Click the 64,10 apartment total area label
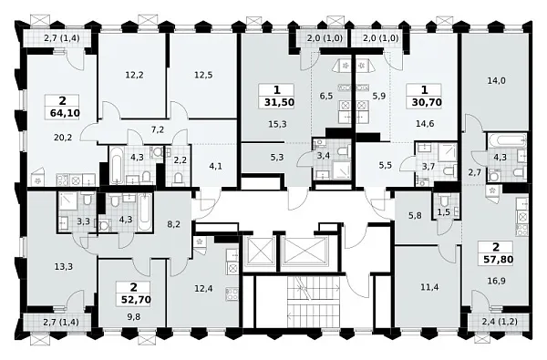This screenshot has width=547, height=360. point(63,113)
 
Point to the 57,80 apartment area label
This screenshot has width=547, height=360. point(496,260)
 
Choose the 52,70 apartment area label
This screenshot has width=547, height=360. point(133,299)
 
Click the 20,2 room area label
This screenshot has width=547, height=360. point(63,138)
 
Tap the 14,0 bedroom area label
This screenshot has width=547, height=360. point(497,80)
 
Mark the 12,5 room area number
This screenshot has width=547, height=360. point(203,75)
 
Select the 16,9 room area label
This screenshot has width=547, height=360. point(497,281)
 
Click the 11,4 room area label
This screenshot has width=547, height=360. point(430,287)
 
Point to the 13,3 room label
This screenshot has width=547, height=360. point(64,267)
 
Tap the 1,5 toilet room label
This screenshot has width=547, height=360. point(444,212)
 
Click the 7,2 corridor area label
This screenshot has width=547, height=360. point(158,129)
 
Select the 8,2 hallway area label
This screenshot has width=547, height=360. point(174,224)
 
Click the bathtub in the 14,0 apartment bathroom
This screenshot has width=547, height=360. point(507,141)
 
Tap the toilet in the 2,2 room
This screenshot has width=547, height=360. point(179,179)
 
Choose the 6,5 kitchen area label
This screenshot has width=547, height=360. point(325,96)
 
